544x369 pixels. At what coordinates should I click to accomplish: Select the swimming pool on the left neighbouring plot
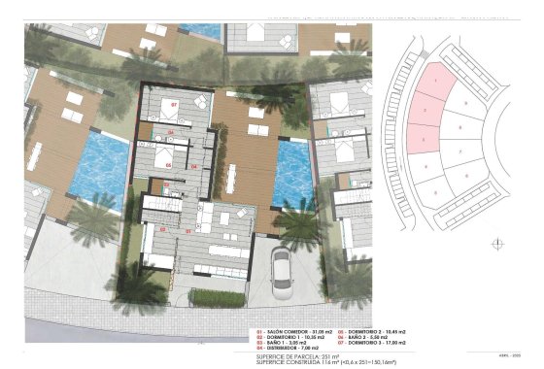(100, 163)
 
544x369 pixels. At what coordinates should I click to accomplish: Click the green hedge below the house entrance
(215, 298)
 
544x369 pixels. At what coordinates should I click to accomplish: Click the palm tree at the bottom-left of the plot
(143, 286)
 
